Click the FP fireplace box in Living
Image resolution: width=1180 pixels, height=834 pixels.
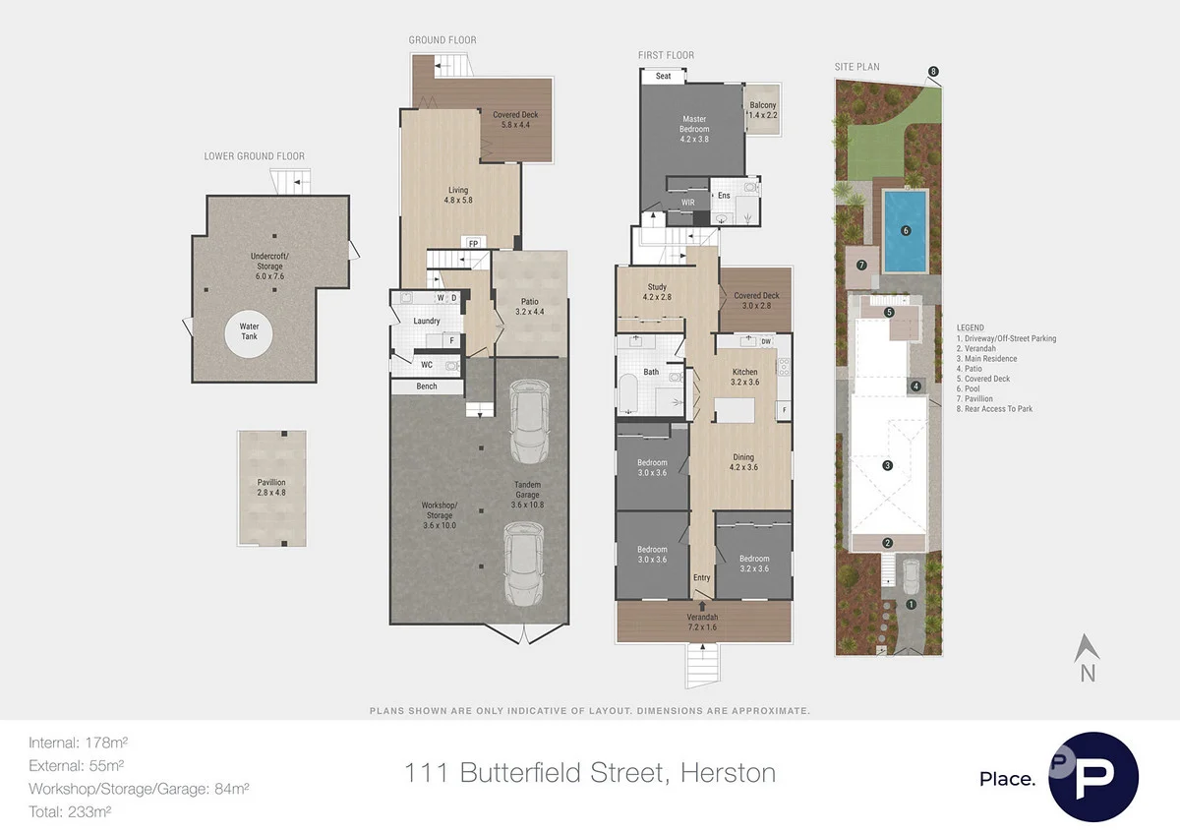(x=472, y=243)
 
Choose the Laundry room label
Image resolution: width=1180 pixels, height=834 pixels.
(x=427, y=321)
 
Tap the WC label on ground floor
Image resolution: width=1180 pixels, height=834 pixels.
(x=426, y=365)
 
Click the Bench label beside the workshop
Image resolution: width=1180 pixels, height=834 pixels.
(x=427, y=387)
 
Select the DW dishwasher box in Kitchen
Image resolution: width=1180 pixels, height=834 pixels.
(x=766, y=341)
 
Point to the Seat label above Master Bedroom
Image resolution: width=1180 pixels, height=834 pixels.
(x=664, y=76)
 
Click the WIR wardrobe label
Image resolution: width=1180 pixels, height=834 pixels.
(x=688, y=203)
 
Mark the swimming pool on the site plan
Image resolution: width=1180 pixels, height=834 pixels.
(x=906, y=231)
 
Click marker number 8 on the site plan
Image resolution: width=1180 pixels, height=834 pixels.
(x=933, y=71)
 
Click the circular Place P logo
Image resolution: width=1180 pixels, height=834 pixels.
(x=1093, y=777)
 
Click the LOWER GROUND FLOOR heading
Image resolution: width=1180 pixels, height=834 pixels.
(x=255, y=156)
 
